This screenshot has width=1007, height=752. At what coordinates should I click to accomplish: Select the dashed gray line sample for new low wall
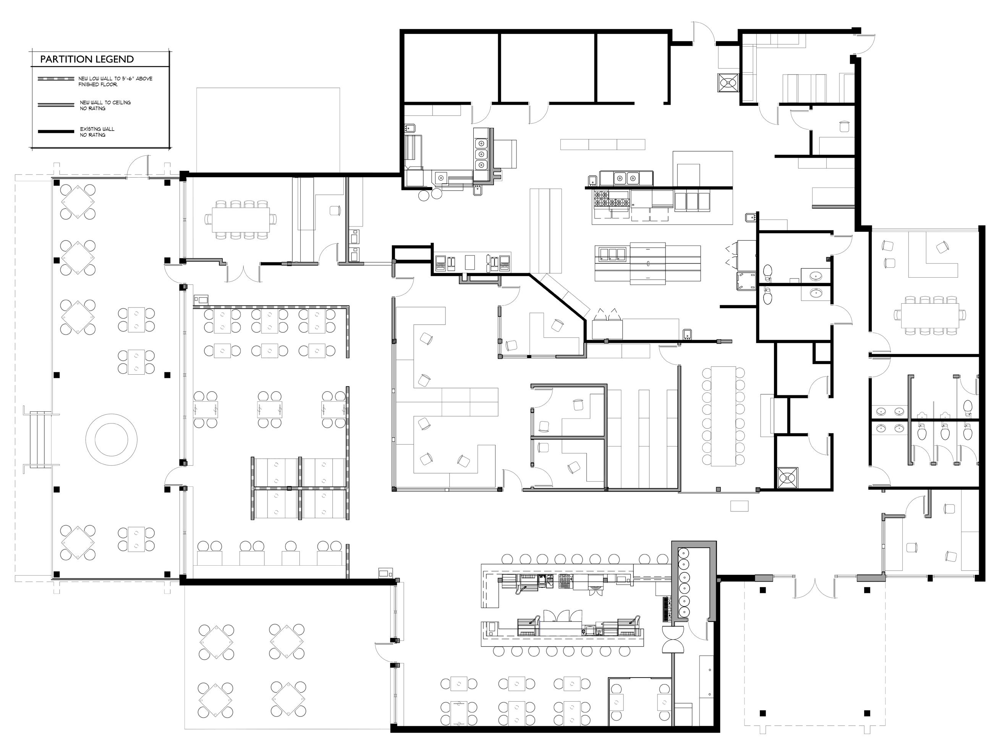[x=56, y=79]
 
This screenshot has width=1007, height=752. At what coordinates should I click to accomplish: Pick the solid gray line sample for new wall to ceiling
[x=56, y=105]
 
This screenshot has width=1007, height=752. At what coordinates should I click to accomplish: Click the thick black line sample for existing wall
[x=56, y=131]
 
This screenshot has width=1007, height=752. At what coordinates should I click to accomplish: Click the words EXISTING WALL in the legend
[x=97, y=129]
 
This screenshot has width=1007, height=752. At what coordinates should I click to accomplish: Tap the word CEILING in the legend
[x=119, y=103]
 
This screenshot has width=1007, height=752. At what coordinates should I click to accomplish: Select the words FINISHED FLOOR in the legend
[x=98, y=85]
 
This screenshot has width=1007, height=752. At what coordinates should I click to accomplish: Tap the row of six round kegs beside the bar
[x=683, y=582]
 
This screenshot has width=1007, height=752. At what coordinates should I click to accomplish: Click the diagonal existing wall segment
[x=558, y=297]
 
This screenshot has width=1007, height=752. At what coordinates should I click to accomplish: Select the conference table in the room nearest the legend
[x=240, y=220]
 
